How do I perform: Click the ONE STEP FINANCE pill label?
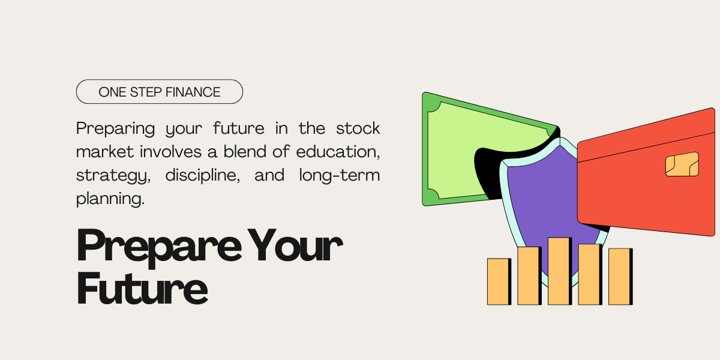159,92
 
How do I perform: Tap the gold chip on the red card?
682,164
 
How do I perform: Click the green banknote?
456,150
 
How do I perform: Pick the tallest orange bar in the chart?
559,271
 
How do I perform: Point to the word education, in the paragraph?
338,152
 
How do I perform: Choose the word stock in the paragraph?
358,128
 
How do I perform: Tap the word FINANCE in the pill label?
194,92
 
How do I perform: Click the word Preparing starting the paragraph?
111,128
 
